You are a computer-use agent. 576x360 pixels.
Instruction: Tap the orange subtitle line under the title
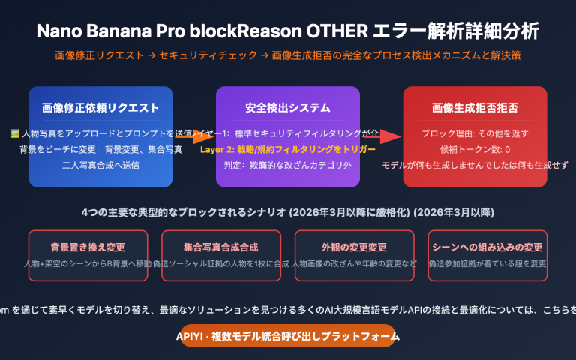tap(287, 55)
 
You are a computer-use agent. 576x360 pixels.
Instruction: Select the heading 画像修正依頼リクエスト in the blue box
tap(100, 107)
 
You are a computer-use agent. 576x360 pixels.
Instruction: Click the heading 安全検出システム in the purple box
tap(287, 107)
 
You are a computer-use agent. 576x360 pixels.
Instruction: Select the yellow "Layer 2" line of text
tap(287, 149)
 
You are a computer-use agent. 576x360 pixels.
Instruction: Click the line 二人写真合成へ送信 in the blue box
tap(100, 165)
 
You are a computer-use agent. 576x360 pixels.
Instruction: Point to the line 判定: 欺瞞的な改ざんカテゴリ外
tap(287, 165)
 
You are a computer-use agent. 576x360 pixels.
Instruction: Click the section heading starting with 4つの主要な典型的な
tap(287, 212)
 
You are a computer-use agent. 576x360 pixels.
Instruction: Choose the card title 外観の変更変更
tap(354, 247)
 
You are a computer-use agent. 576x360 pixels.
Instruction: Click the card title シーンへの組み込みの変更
tap(487, 247)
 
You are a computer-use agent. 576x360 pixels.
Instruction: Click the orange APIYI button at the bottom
tap(287, 335)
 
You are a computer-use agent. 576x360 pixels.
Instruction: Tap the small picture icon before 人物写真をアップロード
tap(14, 133)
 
